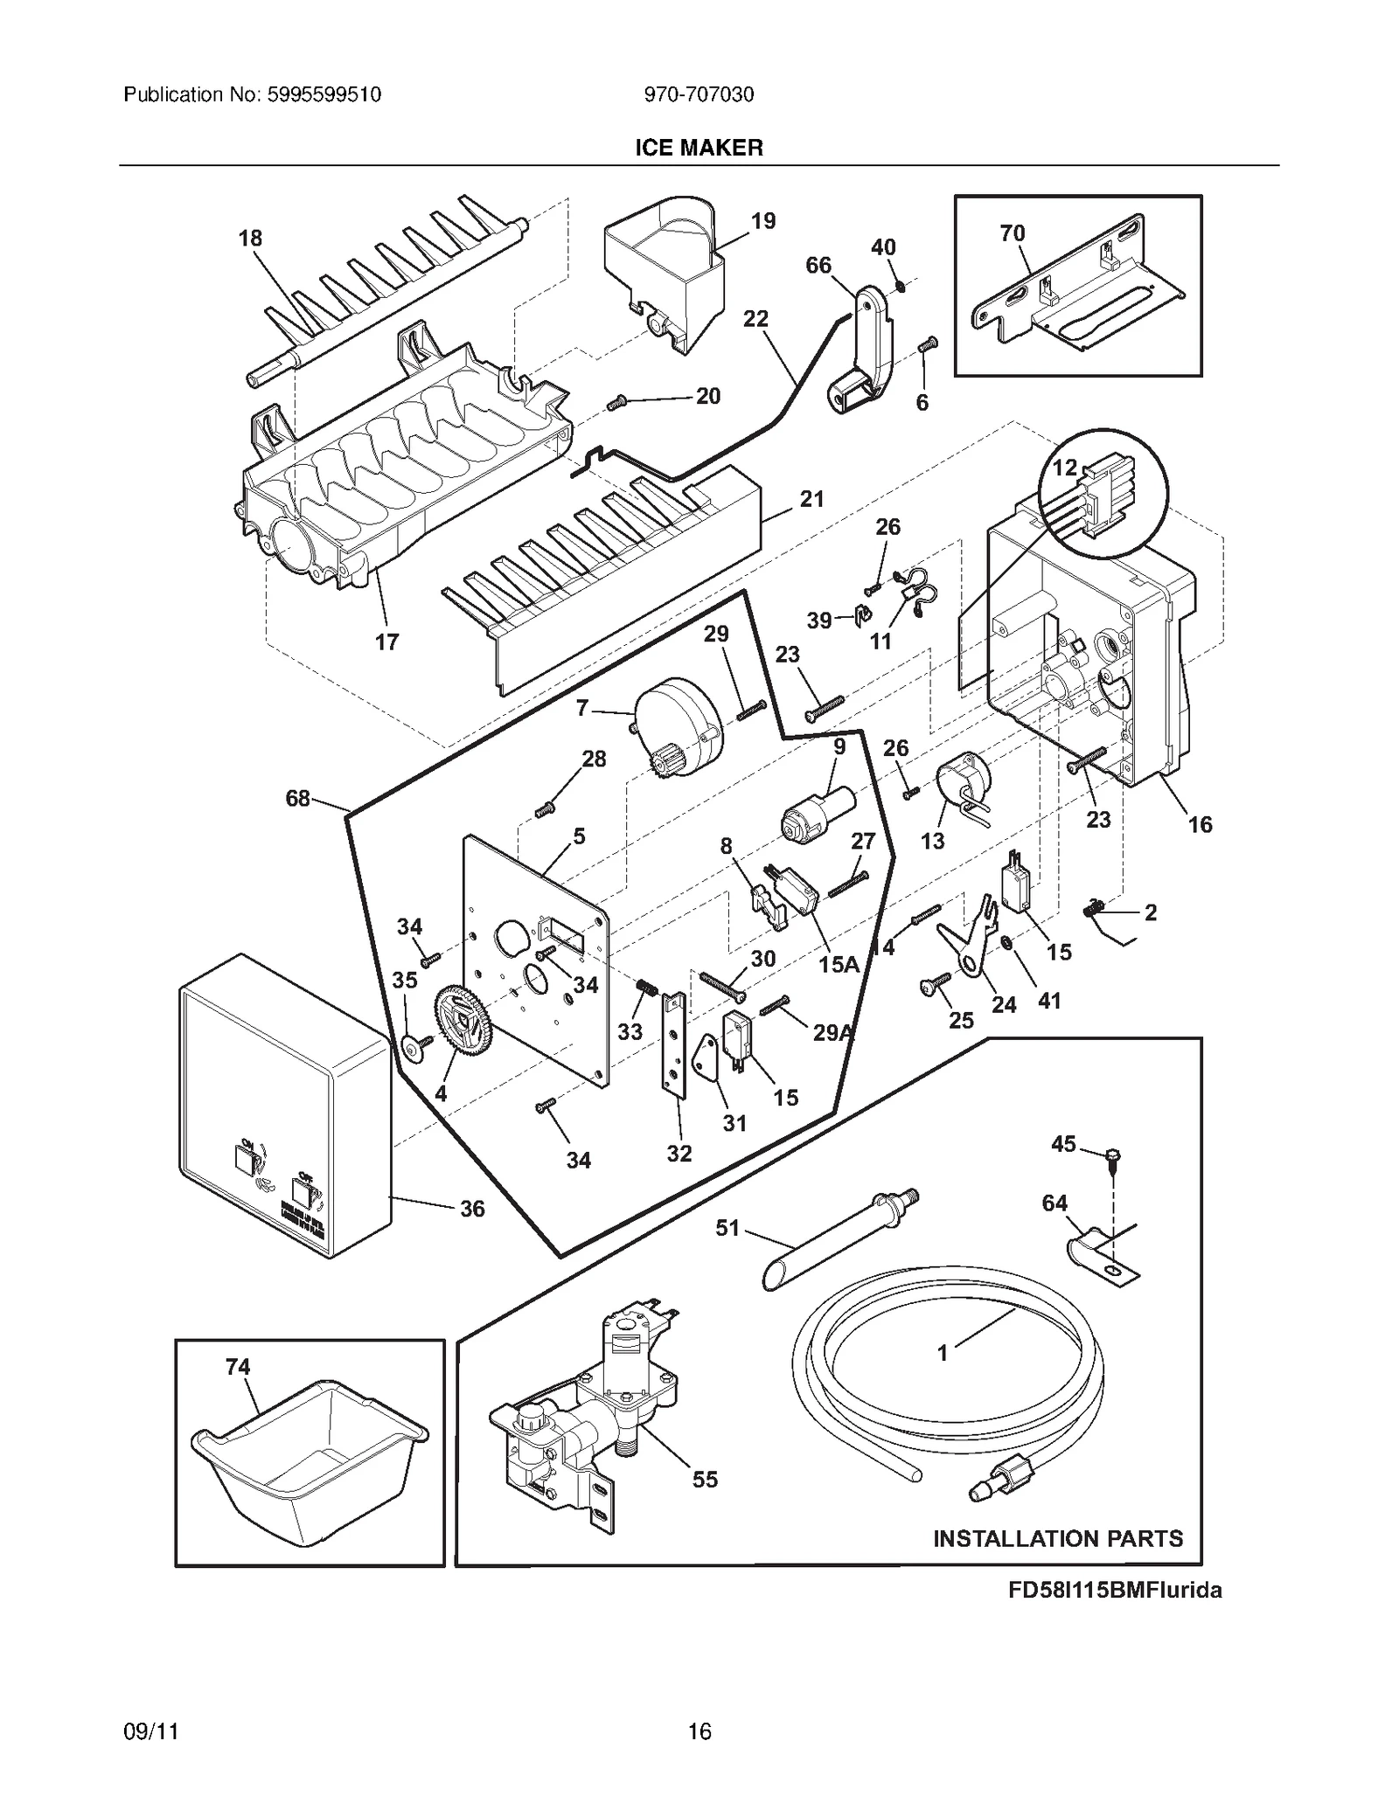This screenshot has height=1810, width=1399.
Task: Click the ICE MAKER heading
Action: coord(699,148)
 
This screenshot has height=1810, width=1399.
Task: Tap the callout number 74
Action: coord(238,1366)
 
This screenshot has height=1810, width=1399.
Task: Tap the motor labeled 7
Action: coord(679,730)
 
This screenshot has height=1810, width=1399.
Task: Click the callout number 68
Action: coord(297,798)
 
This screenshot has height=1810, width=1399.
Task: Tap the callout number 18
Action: coord(250,238)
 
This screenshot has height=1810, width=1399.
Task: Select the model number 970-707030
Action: coord(699,94)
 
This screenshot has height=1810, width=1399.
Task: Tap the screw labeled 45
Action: coord(1113,1159)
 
